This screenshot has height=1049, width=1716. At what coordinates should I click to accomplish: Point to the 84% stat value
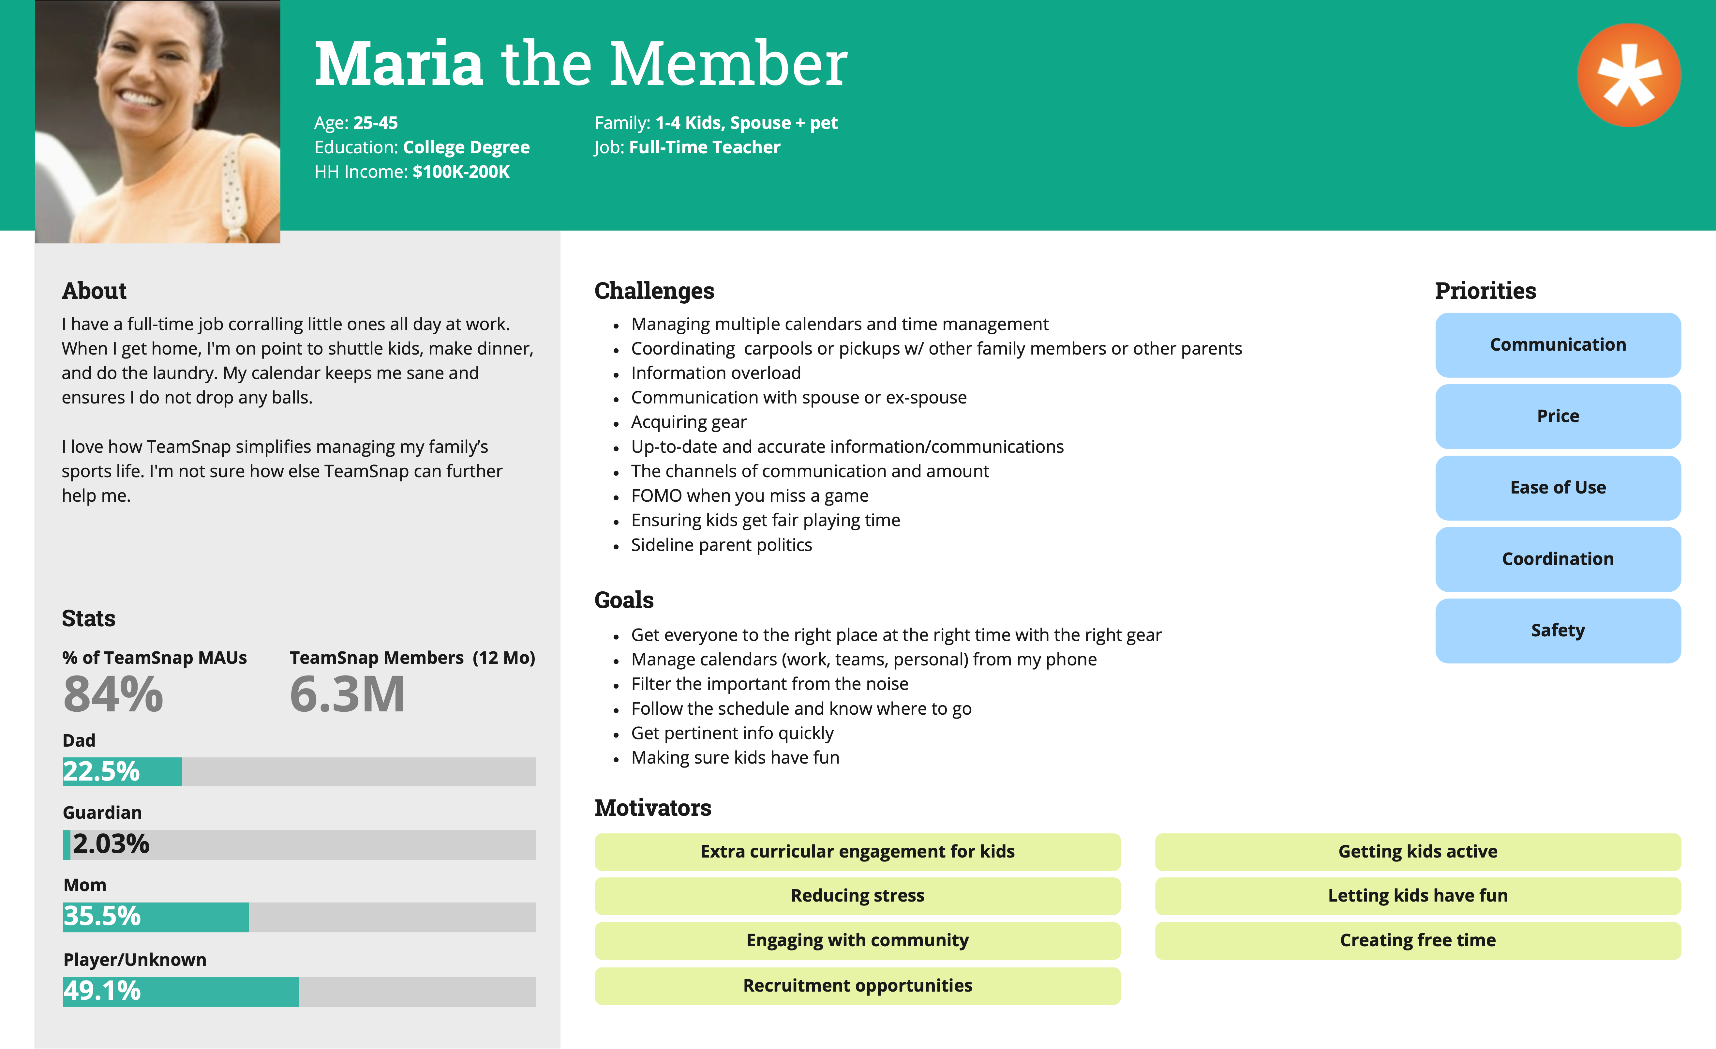pyautogui.click(x=113, y=694)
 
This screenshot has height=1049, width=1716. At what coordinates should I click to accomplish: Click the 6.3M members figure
pyautogui.click(x=347, y=694)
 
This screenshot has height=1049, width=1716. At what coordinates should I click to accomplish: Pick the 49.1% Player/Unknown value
pyautogui.click(x=102, y=991)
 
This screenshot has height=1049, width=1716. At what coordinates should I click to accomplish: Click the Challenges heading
pyautogui.click(x=654, y=290)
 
